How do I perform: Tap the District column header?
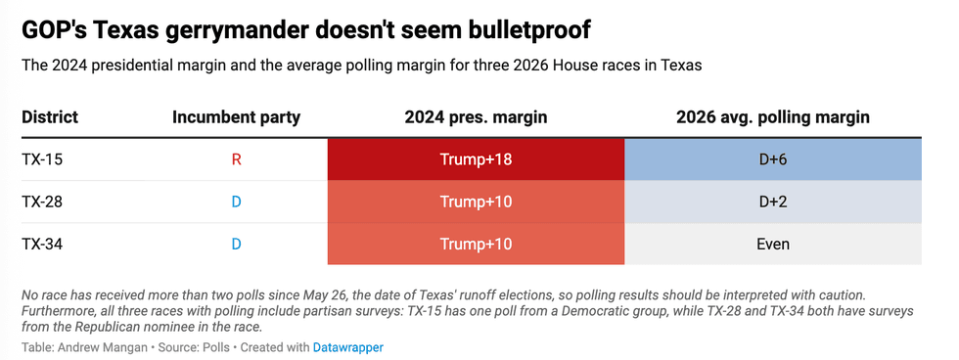click(50, 117)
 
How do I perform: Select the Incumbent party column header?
click(236, 117)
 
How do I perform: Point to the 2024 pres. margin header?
click(476, 117)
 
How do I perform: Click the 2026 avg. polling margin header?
click(773, 117)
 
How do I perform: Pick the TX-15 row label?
click(42, 159)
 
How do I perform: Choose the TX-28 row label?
click(42, 202)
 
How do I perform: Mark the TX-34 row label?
click(42, 245)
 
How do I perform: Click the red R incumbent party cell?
click(236, 159)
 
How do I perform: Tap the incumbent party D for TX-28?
click(236, 202)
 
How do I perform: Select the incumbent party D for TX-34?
click(236, 245)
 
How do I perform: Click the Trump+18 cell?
click(476, 159)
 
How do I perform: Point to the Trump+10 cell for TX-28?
click(476, 202)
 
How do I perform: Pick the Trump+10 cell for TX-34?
click(476, 245)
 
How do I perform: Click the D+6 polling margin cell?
click(773, 159)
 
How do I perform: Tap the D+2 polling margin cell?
click(773, 202)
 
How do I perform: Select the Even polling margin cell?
click(773, 245)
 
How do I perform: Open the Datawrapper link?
click(348, 348)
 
